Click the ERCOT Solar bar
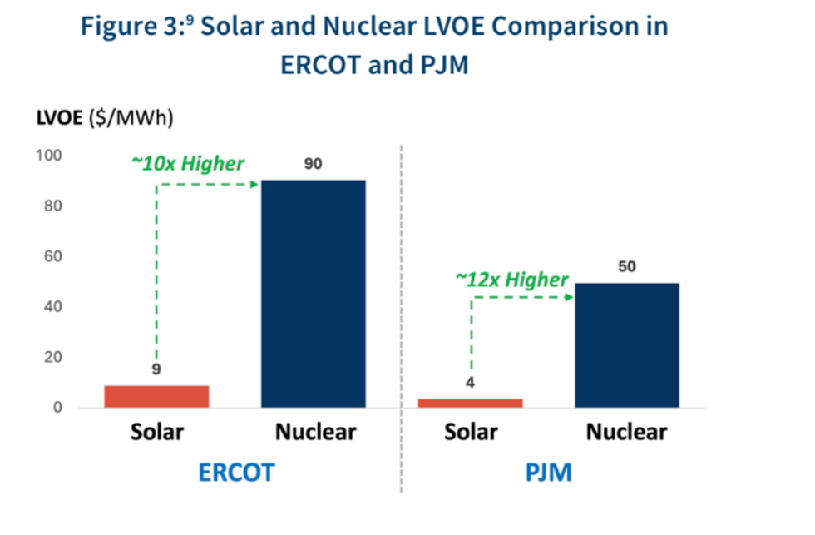[156, 396]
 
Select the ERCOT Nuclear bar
[314, 293]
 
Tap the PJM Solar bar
[471, 403]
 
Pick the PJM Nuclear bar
[627, 344]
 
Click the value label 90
[313, 164]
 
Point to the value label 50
[627, 267]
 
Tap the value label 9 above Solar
[156, 369]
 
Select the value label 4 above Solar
[471, 384]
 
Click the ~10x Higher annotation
[188, 163]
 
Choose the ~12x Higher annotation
[511, 280]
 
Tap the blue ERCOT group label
[236, 473]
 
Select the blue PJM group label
[548, 473]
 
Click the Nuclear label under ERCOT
[315, 433]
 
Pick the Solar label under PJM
[471, 433]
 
